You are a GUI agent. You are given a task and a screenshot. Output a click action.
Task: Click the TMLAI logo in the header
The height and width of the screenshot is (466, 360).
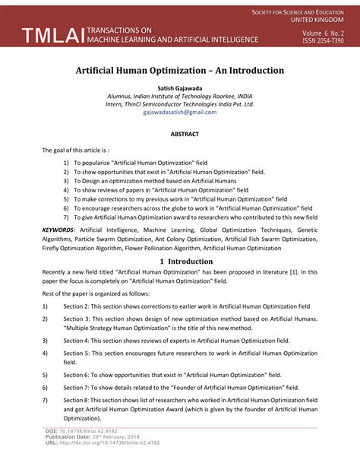(46, 35)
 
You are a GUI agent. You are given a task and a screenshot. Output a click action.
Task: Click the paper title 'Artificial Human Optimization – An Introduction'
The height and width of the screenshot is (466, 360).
(179, 70)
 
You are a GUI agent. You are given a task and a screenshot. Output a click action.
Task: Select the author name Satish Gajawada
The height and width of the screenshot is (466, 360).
(179, 88)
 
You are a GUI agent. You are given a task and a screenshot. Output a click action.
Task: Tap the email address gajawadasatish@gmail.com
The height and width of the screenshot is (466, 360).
(179, 113)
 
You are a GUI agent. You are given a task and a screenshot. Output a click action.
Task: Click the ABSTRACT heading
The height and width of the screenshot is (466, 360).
(179, 135)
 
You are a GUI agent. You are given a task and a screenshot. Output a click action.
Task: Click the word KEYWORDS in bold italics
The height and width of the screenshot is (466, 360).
(58, 229)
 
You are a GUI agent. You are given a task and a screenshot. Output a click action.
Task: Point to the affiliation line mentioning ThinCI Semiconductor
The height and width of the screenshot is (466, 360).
(179, 104)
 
